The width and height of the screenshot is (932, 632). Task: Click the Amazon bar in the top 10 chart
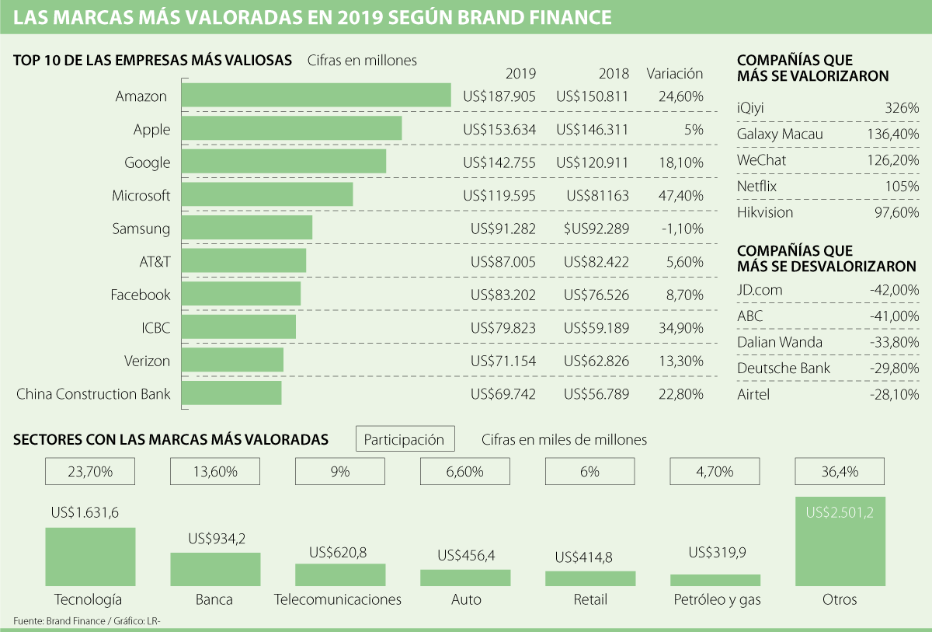pos(316,96)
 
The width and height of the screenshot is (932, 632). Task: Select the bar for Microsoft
pos(267,195)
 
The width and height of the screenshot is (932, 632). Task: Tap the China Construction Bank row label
pos(93,393)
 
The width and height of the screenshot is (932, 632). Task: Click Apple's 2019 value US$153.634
pos(499,130)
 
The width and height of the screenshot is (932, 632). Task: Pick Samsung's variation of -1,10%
pos(684,229)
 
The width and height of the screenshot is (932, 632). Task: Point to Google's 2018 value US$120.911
pos(592,162)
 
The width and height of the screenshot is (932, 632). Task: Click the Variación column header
pos(674,74)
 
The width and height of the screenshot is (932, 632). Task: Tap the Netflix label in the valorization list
pos(756,187)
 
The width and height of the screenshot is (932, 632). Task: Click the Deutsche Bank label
pos(784,368)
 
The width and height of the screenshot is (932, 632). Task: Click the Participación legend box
pos(405,439)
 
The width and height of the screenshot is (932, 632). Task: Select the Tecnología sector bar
pos(90,557)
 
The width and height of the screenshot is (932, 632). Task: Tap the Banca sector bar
pos(215,569)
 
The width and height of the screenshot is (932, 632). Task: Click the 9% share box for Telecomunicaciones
pos(340,471)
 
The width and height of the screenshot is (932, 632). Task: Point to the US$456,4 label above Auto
pos(465,555)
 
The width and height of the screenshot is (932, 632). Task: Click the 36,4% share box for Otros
pos(840,471)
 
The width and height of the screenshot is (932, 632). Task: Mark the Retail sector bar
pos(590,578)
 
